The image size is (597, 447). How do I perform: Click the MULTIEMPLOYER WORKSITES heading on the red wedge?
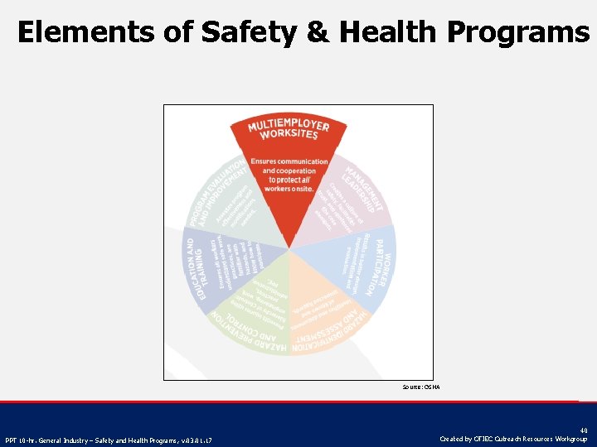[289, 129]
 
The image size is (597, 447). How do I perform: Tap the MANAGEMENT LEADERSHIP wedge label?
[364, 187]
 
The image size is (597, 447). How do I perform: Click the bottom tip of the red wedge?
[289, 248]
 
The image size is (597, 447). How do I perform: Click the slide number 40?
[584, 430]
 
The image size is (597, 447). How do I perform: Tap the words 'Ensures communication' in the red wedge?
[289, 161]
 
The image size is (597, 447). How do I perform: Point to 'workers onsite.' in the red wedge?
[289, 189]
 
